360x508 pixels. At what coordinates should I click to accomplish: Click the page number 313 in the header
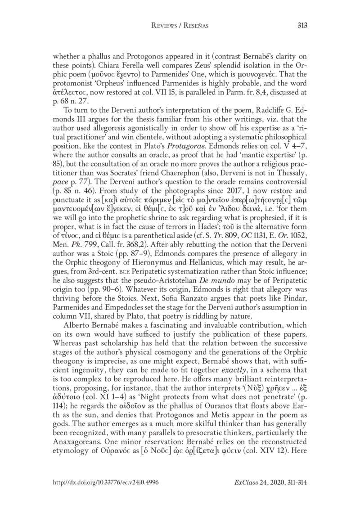tap(302, 26)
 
